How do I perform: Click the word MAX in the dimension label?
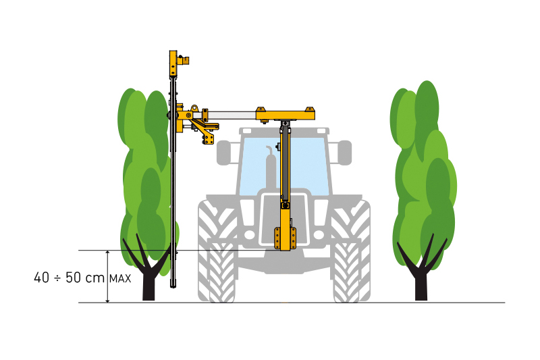(x=120, y=279)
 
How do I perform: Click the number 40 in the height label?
(x=42, y=278)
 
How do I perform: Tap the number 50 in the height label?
(x=73, y=278)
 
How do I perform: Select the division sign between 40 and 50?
(x=57, y=278)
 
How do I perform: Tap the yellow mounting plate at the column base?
(x=285, y=238)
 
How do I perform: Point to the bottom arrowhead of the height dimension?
(x=108, y=300)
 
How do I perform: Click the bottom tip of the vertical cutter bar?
(x=173, y=287)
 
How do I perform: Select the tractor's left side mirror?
(x=223, y=152)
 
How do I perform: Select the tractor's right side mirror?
(x=345, y=152)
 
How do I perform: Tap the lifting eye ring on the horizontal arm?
(x=195, y=107)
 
